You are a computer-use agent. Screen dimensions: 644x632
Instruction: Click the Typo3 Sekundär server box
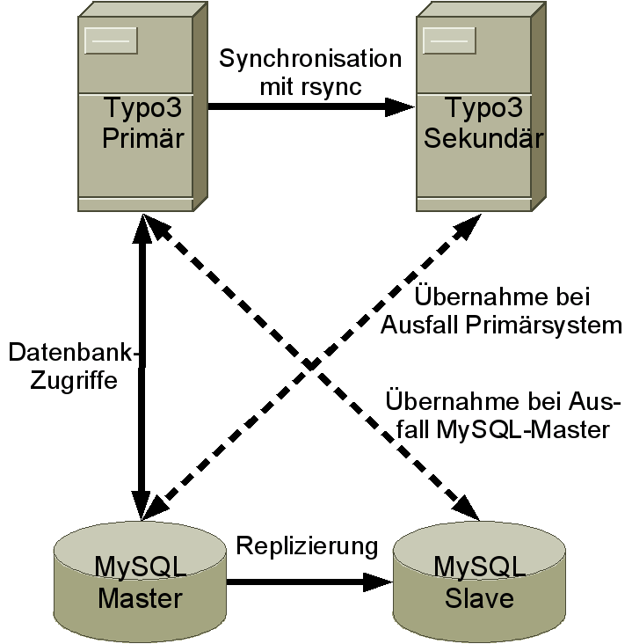(479, 110)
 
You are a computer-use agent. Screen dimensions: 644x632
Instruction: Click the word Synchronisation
(310, 60)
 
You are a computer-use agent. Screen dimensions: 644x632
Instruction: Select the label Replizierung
(307, 545)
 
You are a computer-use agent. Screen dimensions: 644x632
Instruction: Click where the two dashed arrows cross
(309, 363)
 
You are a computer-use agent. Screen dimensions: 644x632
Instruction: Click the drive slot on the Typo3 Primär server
(111, 40)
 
